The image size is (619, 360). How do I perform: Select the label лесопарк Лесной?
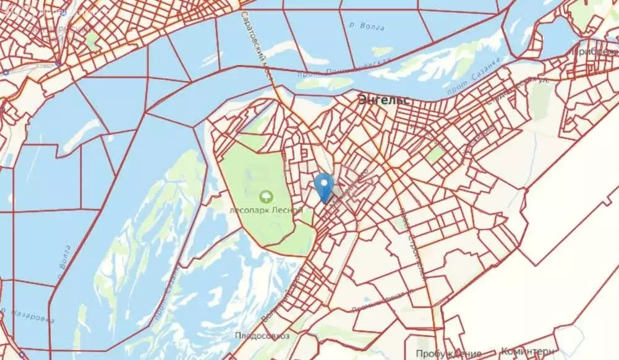(266, 210)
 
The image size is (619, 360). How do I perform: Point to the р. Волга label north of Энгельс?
(366, 27)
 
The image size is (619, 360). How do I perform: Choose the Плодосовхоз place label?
(259, 336)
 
